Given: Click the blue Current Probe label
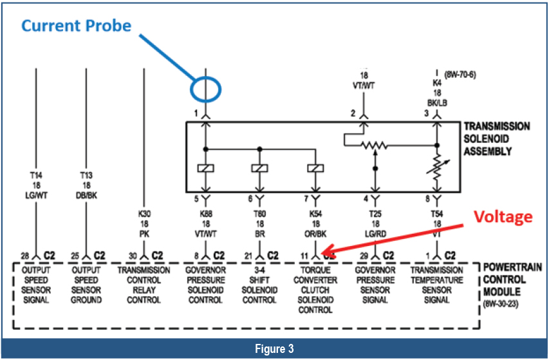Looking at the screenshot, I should pos(76,26).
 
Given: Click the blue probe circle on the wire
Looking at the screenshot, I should pos(205,88).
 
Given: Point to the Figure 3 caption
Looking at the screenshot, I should pos(274,348).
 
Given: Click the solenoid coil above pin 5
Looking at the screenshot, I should pos(205,169).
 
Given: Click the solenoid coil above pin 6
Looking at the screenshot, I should pos(260,169).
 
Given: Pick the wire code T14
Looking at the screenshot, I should pos(37,175).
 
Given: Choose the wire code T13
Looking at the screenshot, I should pos(86,175).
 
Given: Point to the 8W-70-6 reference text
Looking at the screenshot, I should pos(460,75).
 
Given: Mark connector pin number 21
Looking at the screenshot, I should pos(248,256).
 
